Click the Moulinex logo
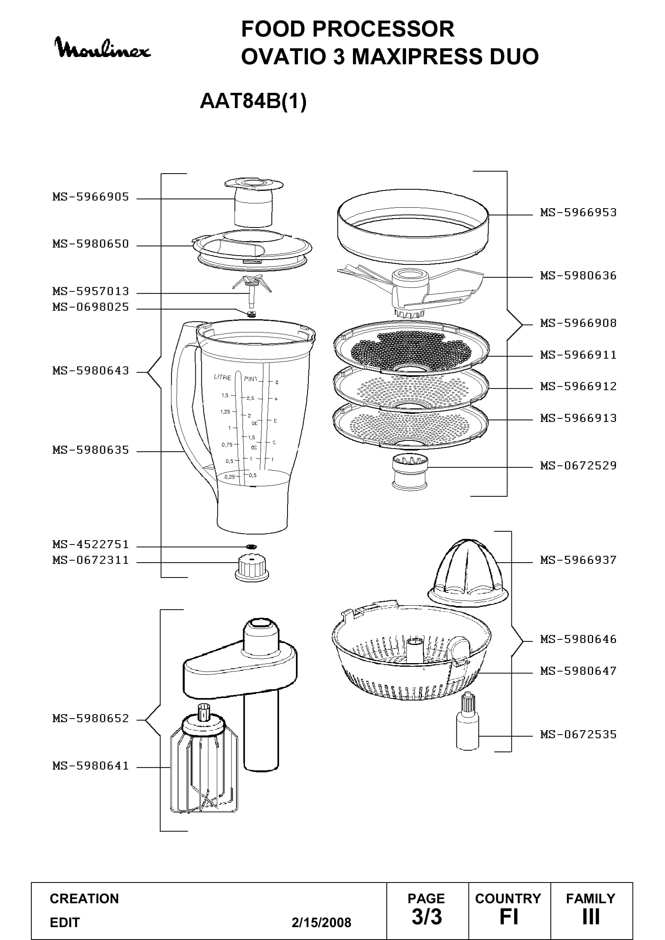(x=103, y=48)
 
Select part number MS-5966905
(x=90, y=197)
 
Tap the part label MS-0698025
(x=90, y=307)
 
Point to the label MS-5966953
(x=578, y=213)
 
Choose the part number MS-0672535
(x=578, y=735)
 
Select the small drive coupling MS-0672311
(x=252, y=567)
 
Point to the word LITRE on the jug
(x=223, y=377)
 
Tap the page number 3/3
(x=427, y=917)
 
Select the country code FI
(x=509, y=917)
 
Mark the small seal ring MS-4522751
(x=251, y=547)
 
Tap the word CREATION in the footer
(x=84, y=899)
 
